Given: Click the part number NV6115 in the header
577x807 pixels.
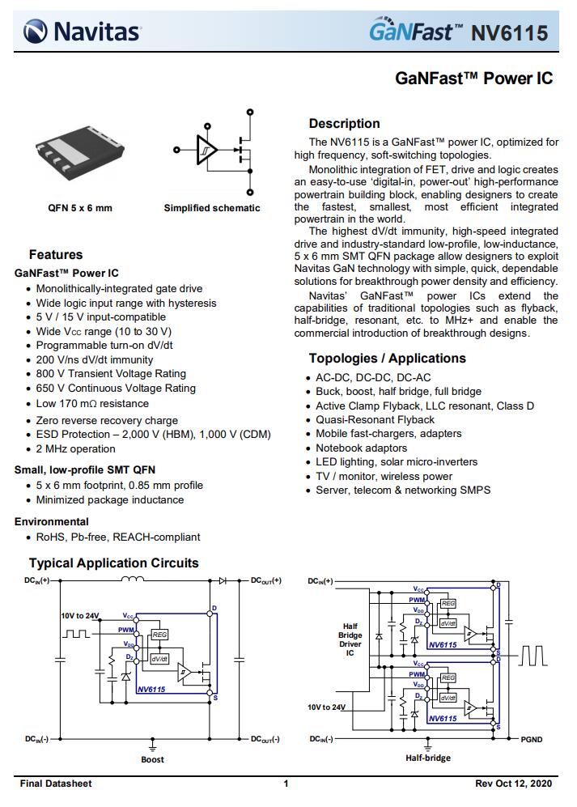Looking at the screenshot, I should [510, 33].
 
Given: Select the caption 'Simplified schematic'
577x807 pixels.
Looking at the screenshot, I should [212, 208].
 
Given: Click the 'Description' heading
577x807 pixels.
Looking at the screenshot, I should [344, 124].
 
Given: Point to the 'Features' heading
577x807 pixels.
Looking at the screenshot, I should [56, 254].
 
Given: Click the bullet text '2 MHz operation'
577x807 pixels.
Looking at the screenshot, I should [76, 448].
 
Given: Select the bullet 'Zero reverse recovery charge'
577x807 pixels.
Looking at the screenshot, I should [107, 420].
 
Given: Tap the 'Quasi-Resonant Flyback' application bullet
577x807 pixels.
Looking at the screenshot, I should [375, 419].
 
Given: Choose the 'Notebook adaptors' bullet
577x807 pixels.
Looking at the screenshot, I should [361, 448].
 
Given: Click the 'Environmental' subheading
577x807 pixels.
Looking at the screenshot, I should [52, 521].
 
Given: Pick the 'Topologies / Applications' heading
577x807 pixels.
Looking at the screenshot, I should [388, 359].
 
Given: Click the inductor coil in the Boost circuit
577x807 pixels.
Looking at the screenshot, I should [133, 579].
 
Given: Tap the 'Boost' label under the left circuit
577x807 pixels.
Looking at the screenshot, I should [152, 759].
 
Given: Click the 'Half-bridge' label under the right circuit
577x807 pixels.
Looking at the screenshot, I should [428, 758].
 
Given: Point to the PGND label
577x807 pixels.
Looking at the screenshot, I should [532, 739].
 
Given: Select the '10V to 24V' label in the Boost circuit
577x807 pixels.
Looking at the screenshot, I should [80, 616].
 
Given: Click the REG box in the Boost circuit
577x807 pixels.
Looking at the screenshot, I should [159, 635].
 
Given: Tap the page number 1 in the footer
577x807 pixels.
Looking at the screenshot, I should [286, 784].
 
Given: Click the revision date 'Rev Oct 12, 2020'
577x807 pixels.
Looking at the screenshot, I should [513, 784].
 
